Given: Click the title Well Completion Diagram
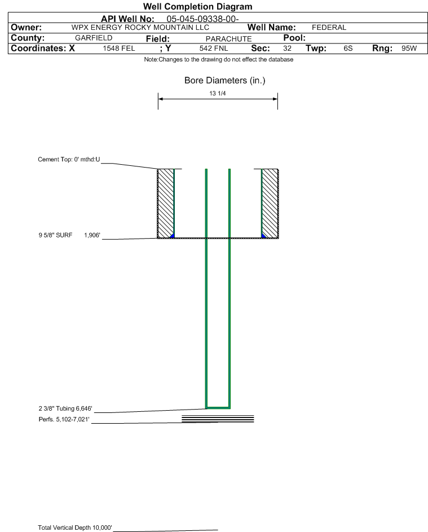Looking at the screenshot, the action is pos(198,6).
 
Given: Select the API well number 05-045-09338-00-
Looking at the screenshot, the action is pos(202,19).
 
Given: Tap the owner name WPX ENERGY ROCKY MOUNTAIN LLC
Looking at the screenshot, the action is pos(140,28).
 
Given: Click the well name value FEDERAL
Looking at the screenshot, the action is pos(329,28).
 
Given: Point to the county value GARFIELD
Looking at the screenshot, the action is pos(94,38).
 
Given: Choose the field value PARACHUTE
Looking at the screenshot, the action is pos(228,39).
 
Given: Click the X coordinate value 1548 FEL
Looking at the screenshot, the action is pos(118,48).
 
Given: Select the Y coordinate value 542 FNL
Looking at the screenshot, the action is pos(214,48).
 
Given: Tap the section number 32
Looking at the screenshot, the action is pos(287,48).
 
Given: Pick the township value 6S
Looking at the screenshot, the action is pos(348,48).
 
